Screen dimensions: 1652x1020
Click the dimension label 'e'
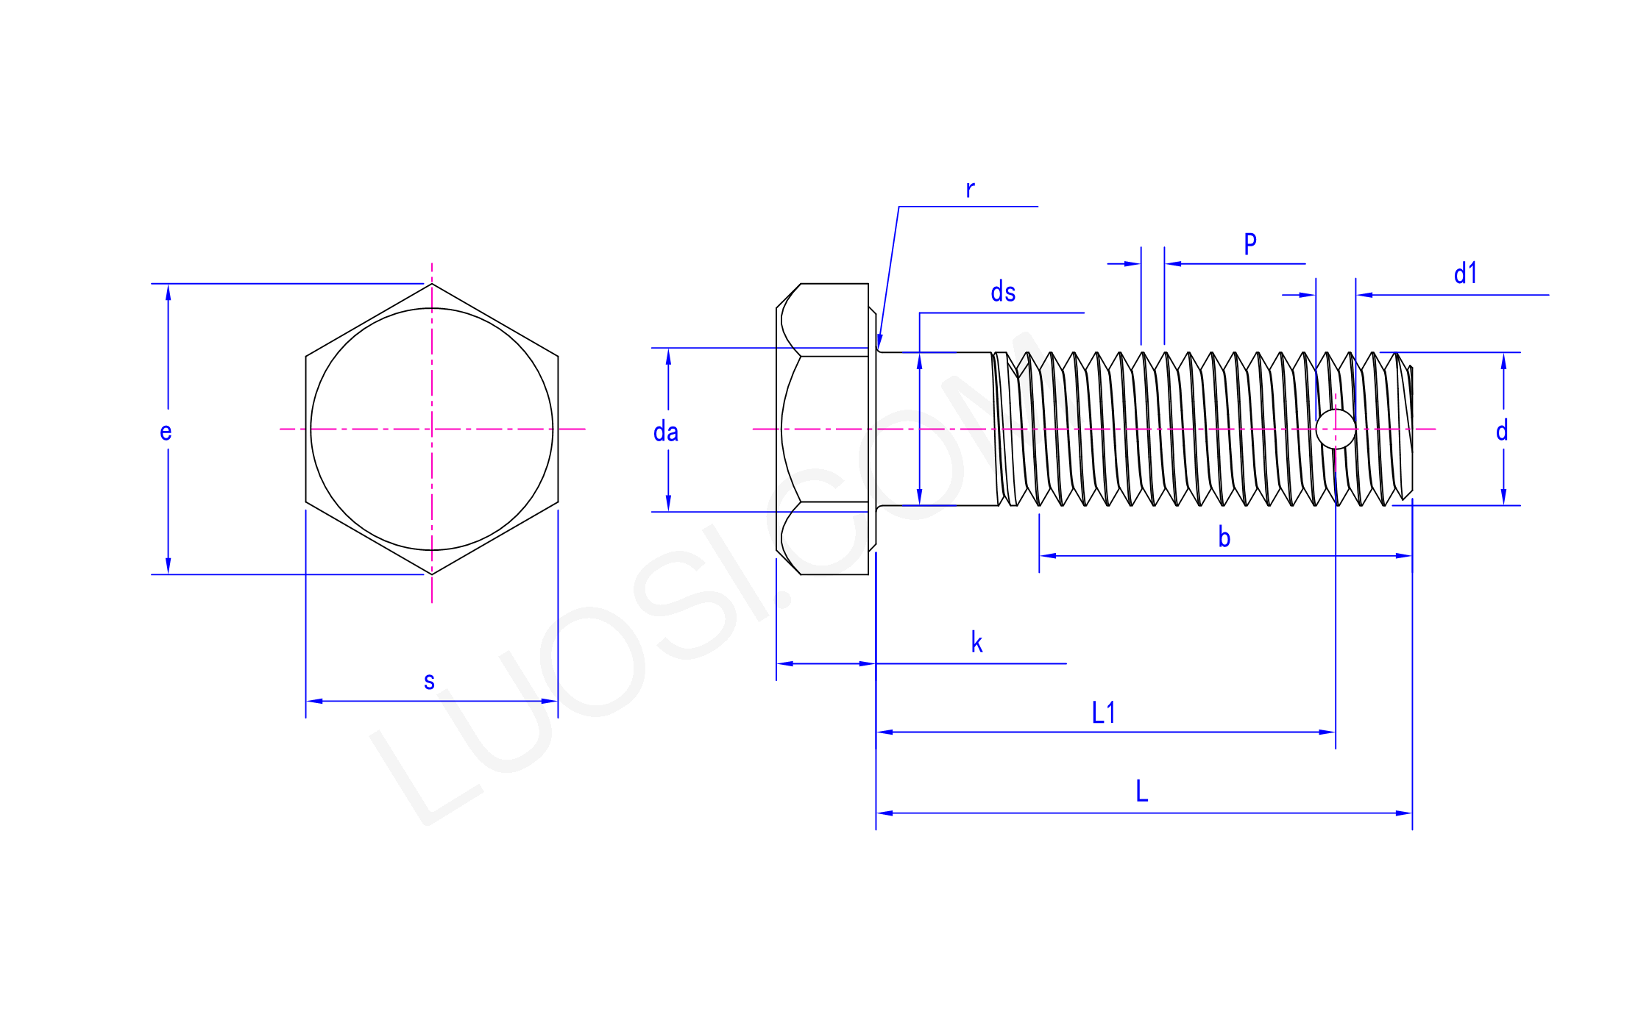click(x=166, y=432)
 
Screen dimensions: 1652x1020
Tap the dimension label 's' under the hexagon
click(x=429, y=681)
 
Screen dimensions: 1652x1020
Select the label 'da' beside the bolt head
click(x=666, y=432)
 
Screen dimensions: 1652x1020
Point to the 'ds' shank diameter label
click(x=1003, y=292)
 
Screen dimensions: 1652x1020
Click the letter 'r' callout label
click(x=970, y=190)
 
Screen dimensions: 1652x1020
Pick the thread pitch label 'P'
click(x=1250, y=243)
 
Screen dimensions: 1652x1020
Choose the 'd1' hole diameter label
click(x=1465, y=274)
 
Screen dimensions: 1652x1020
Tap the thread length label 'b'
click(x=1224, y=537)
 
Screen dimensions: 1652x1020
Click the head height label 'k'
click(x=976, y=642)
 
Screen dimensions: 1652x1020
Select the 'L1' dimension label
click(x=1103, y=713)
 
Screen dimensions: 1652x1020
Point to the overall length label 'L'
click(x=1141, y=791)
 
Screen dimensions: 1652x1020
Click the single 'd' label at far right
click(x=1502, y=430)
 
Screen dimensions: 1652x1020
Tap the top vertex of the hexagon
click(x=432, y=284)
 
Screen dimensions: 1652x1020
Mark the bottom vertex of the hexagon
click(x=432, y=574)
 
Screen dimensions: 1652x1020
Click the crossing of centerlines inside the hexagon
click(x=432, y=429)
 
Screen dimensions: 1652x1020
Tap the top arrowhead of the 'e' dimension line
click(x=168, y=293)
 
